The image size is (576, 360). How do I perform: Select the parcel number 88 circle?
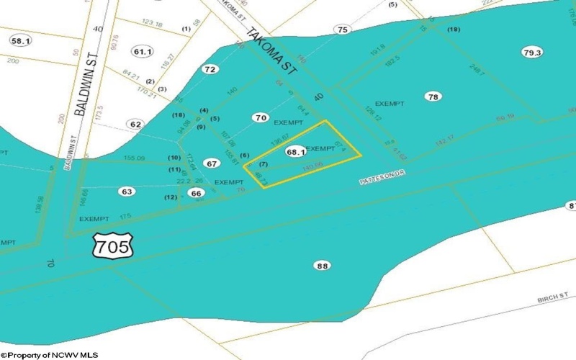click(323, 266)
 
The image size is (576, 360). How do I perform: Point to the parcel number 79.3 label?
click(533, 52)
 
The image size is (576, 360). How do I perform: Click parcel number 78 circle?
click(433, 96)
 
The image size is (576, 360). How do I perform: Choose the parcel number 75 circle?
click(342, 30)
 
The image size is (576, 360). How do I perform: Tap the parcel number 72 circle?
click(210, 70)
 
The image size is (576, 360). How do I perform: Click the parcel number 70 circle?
click(261, 117)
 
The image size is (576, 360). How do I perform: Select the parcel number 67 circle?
click(211, 164)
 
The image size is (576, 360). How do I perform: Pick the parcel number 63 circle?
click(127, 192)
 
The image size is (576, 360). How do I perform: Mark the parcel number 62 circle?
click(135, 124)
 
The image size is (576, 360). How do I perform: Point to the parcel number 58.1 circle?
click(19, 41)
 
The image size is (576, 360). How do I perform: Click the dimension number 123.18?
click(153, 24)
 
